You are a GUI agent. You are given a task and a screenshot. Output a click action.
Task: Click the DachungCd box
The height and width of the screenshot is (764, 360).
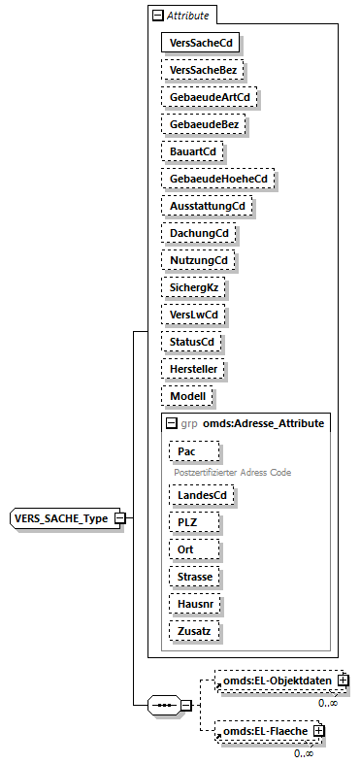[199, 233]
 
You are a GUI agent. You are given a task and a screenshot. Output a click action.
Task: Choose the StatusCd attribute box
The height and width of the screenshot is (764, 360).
[191, 342]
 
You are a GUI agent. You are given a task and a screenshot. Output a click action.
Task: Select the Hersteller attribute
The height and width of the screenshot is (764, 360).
[194, 369]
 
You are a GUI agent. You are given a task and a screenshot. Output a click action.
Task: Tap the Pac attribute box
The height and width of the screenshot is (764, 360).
[193, 451]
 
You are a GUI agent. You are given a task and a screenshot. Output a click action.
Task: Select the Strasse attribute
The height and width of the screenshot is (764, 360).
[193, 577]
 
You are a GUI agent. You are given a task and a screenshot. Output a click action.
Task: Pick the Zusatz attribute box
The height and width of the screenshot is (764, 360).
[193, 631]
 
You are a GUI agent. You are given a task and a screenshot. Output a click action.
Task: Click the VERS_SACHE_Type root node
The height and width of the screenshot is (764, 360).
[60, 517]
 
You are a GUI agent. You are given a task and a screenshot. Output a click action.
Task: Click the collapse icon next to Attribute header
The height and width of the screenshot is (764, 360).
[156, 16]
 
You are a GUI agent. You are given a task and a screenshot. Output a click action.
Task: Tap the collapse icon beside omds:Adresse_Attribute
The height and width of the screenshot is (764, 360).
[171, 423]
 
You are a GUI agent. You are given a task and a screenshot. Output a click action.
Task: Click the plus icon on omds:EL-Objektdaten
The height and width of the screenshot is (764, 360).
[344, 681]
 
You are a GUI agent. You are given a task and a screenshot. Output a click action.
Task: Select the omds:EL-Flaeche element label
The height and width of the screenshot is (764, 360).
[266, 730]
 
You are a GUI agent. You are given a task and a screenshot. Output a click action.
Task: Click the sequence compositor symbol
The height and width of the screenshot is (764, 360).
[165, 705]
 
